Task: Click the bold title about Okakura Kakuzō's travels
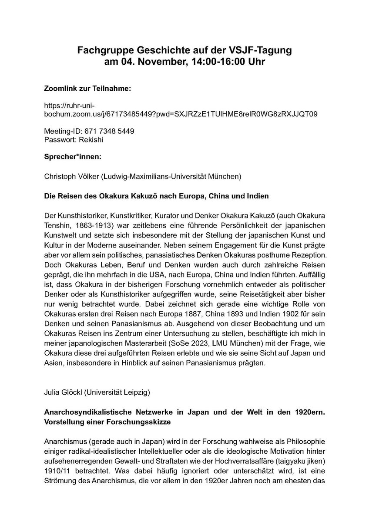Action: tap(157, 197)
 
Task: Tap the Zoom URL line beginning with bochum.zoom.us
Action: tap(181, 115)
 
